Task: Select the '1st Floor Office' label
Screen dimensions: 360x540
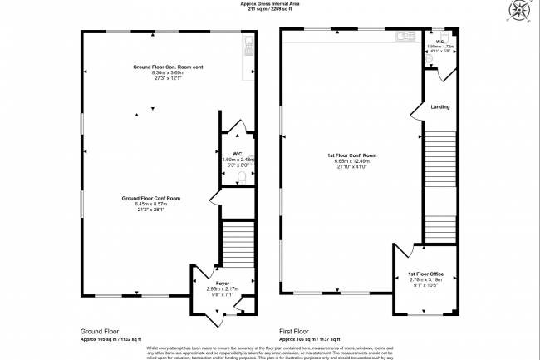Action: point(425,274)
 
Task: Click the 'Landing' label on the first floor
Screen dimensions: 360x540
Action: point(440,106)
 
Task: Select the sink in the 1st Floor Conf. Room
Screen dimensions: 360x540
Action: point(405,36)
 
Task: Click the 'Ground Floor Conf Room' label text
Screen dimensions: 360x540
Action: point(151,198)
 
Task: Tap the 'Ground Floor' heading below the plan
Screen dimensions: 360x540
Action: point(99,330)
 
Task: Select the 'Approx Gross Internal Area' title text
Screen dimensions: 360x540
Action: point(270,4)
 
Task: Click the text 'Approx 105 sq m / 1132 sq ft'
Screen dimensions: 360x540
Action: point(111,339)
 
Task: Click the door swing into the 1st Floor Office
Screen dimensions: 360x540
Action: point(404,253)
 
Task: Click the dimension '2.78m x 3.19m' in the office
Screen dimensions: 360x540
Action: point(425,280)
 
